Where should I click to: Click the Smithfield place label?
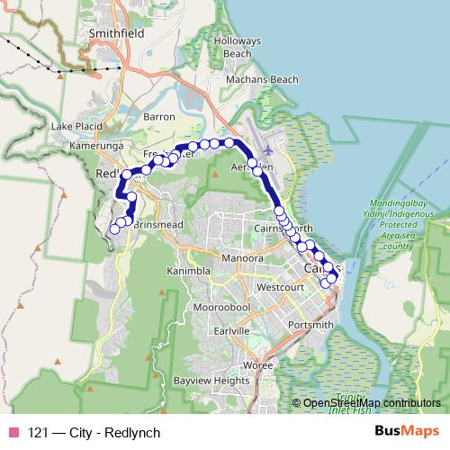tap(117, 32)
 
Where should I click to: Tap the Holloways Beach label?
tap(238, 47)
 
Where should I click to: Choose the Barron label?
tap(159, 117)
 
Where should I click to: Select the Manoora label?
tap(242, 258)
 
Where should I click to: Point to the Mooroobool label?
tap(221, 308)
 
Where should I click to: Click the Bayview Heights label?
tap(211, 382)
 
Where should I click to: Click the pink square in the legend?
tap(13, 430)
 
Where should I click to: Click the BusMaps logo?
tap(406, 430)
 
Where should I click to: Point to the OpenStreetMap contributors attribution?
tap(371, 403)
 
